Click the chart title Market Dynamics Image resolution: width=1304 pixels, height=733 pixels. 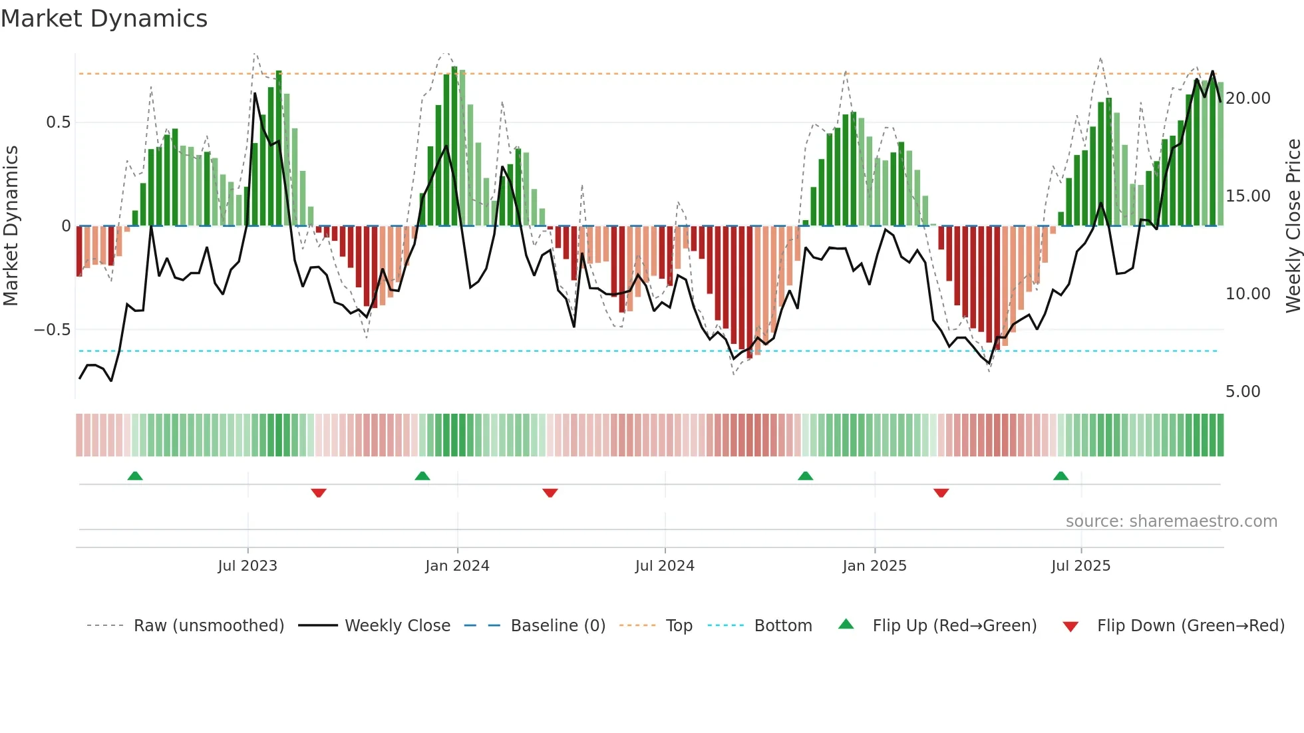pyautogui.click(x=104, y=19)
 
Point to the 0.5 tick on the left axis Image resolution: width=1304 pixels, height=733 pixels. pyautogui.click(x=58, y=122)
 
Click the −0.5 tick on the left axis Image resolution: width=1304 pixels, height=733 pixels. pyautogui.click(x=53, y=330)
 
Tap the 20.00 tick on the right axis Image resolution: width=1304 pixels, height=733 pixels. pyautogui.click(x=1247, y=98)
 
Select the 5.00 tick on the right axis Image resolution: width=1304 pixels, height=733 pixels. pyautogui.click(x=1243, y=392)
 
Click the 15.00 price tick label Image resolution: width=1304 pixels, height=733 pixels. pyautogui.click(x=1247, y=196)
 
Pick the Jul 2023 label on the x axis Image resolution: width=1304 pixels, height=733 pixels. pyautogui.click(x=247, y=566)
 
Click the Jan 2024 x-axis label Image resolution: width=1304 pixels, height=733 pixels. pyautogui.click(x=457, y=566)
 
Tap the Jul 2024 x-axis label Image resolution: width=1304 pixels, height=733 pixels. pyautogui.click(x=665, y=566)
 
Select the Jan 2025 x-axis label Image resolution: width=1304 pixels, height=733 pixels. pyautogui.click(x=874, y=566)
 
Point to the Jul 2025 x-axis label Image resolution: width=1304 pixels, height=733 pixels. pyautogui.click(x=1081, y=566)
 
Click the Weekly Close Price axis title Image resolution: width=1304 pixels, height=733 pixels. pyautogui.click(x=1293, y=226)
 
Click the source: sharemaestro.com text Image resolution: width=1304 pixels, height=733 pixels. pyautogui.click(x=1171, y=521)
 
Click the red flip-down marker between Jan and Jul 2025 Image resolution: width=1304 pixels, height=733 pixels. pyautogui.click(x=941, y=493)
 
